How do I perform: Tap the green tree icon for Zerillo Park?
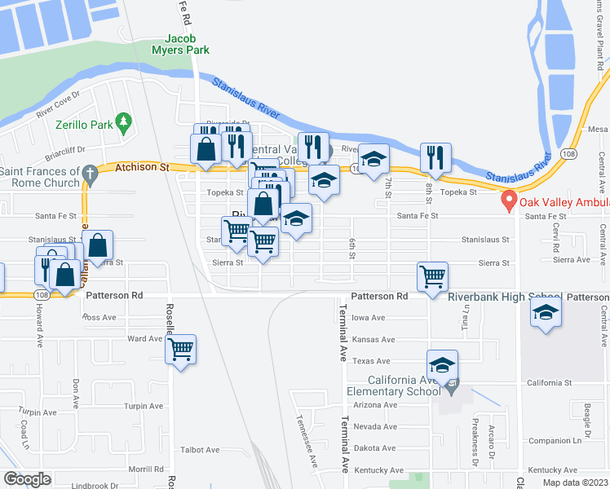click(x=124, y=122)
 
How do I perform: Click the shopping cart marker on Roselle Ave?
click(x=180, y=350)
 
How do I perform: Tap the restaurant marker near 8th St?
click(x=435, y=156)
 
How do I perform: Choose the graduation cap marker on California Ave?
click(x=442, y=364)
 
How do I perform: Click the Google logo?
click(x=27, y=479)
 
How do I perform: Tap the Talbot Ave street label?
click(x=200, y=450)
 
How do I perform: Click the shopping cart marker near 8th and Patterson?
click(x=431, y=275)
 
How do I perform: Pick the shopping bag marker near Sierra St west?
click(x=98, y=245)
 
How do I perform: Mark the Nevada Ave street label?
click(x=374, y=426)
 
